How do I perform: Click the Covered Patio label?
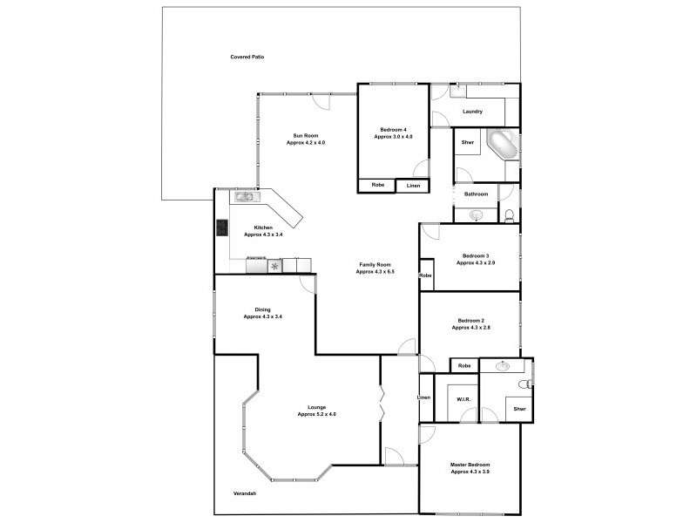(x=247, y=57)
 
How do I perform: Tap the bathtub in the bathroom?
(x=502, y=143)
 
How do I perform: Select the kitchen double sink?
(x=243, y=197)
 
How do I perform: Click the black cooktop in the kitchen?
(x=222, y=228)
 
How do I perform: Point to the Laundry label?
(x=473, y=112)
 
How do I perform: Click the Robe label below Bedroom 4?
(x=377, y=185)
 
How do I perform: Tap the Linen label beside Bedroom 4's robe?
(x=413, y=186)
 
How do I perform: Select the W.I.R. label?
(x=464, y=400)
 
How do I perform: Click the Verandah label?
(x=245, y=494)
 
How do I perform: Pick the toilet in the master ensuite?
(x=524, y=384)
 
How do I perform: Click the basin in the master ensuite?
(x=503, y=366)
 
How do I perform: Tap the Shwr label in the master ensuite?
(x=519, y=409)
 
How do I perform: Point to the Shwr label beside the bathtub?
(x=467, y=142)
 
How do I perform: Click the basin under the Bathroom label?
(x=477, y=214)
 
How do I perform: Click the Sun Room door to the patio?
(x=322, y=101)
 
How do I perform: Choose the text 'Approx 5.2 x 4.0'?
(x=316, y=414)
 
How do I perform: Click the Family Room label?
(x=375, y=264)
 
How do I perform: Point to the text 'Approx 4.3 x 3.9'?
(x=470, y=472)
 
